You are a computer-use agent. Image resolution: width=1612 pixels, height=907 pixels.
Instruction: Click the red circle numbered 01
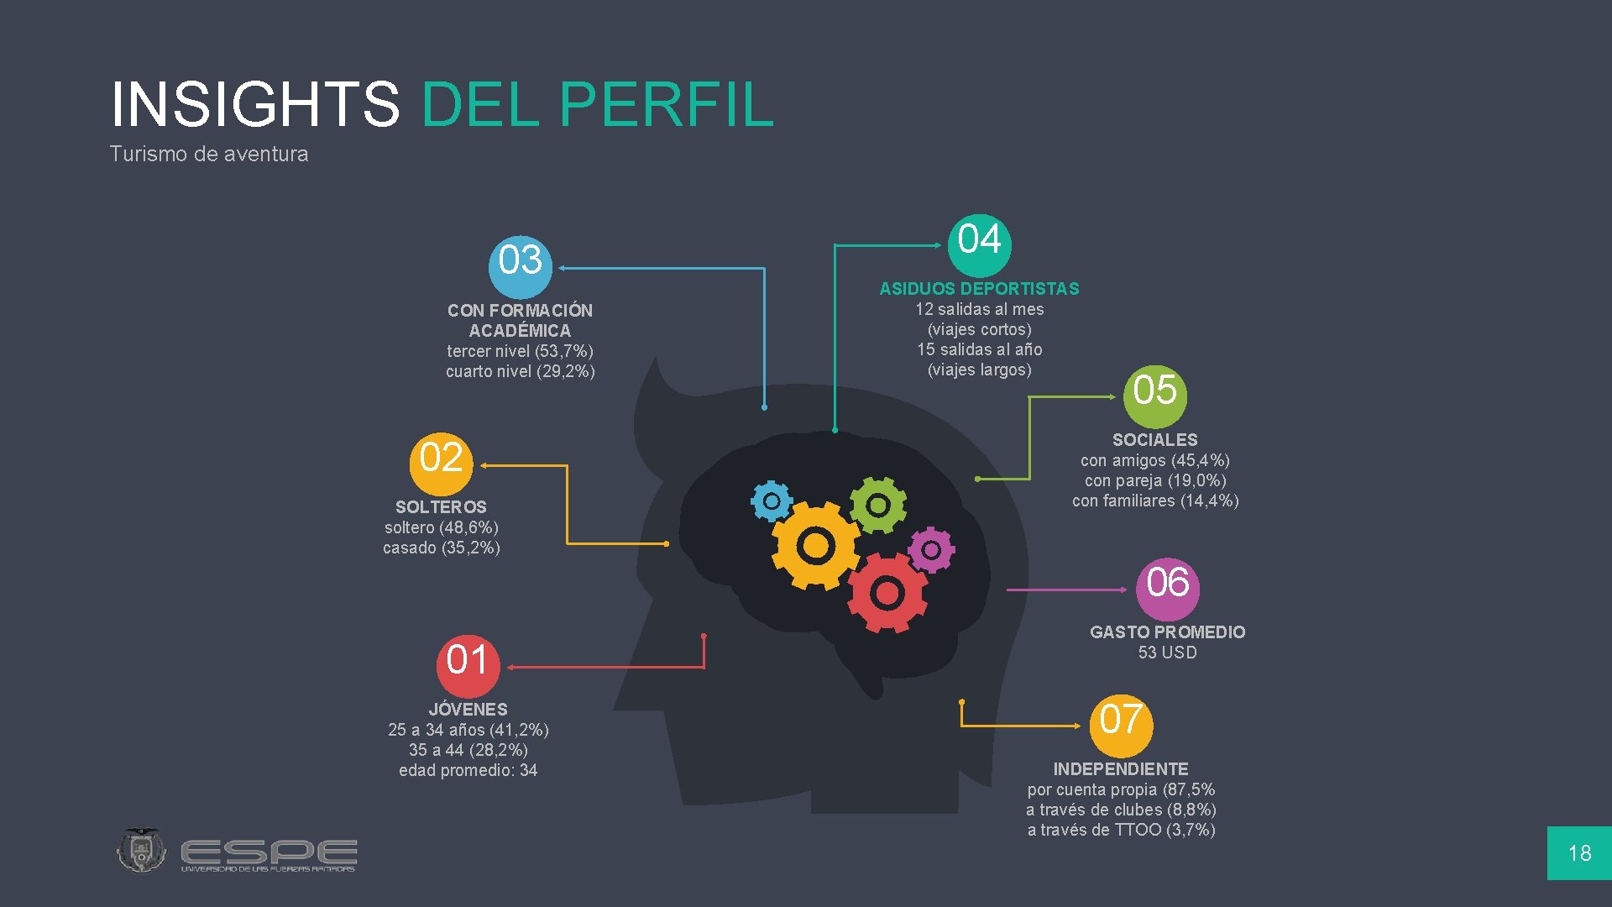coord(468,666)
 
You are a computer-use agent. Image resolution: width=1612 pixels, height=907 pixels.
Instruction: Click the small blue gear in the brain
coord(771,502)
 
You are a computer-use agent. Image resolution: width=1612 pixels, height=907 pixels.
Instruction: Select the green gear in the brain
coord(878,505)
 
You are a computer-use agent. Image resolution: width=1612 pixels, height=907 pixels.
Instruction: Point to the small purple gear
coord(931,551)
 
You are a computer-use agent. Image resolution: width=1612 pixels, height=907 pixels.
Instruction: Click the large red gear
coord(887,593)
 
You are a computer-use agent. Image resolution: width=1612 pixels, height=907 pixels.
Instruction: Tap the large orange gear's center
coord(815,547)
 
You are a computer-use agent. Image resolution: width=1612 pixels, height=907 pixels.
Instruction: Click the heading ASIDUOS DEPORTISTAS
coord(979,289)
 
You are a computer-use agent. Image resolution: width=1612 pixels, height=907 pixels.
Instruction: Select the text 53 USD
coord(1167,653)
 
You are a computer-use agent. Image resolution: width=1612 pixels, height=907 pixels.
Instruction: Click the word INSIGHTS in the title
coord(255,105)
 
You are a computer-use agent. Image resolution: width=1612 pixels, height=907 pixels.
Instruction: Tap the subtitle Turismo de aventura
coord(209,155)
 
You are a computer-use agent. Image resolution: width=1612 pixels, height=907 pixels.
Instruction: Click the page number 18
coord(1579,853)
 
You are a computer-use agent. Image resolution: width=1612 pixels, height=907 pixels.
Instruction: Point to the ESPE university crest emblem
coord(141,851)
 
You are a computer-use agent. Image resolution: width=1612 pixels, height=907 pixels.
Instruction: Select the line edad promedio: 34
coord(468,770)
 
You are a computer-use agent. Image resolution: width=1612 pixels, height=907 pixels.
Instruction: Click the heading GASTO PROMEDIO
coord(1167,632)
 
